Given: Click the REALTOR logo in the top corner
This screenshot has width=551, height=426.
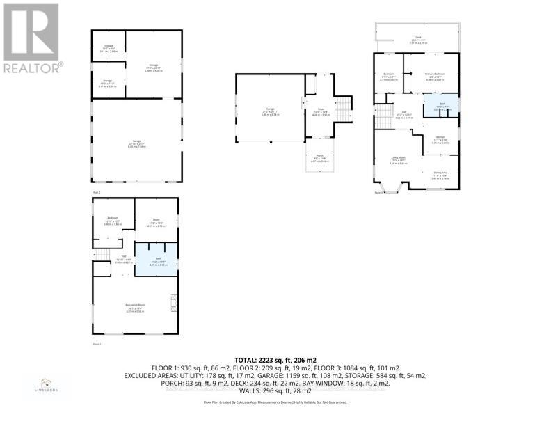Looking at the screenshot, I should [x=31, y=38].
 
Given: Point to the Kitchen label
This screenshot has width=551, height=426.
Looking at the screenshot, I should [x=440, y=139].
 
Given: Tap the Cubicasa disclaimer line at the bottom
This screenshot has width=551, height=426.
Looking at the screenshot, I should [x=275, y=402].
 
